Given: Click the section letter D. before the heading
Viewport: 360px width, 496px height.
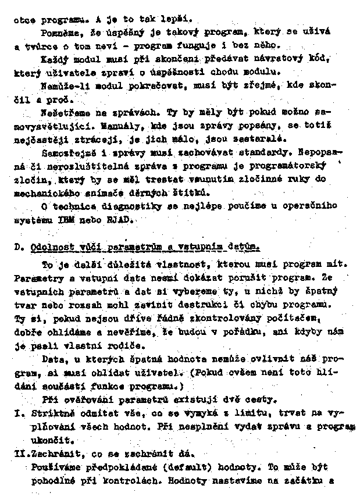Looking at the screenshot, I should [18, 247].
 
